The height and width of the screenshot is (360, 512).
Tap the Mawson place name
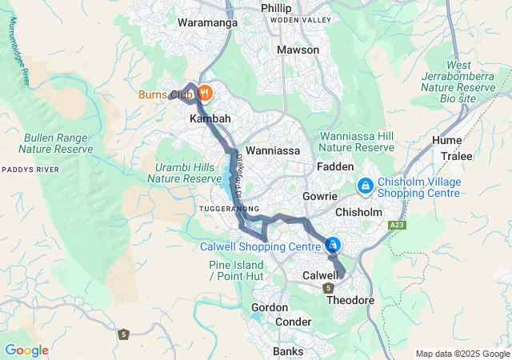[298, 50]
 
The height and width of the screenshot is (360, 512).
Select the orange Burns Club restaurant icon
[205, 93]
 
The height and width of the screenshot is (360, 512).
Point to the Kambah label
[210, 118]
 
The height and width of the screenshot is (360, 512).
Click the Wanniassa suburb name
[272, 150]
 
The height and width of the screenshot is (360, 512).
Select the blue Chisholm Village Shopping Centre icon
[365, 186]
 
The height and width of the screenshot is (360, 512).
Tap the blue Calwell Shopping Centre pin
[332, 245]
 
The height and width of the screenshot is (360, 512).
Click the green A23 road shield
[398, 226]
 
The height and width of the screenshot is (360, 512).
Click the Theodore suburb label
[350, 300]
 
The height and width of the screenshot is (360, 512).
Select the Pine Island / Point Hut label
[237, 270]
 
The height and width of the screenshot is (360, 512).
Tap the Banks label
[288, 351]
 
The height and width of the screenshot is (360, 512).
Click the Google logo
[26, 350]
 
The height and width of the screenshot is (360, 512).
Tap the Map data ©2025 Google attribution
[462, 354]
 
